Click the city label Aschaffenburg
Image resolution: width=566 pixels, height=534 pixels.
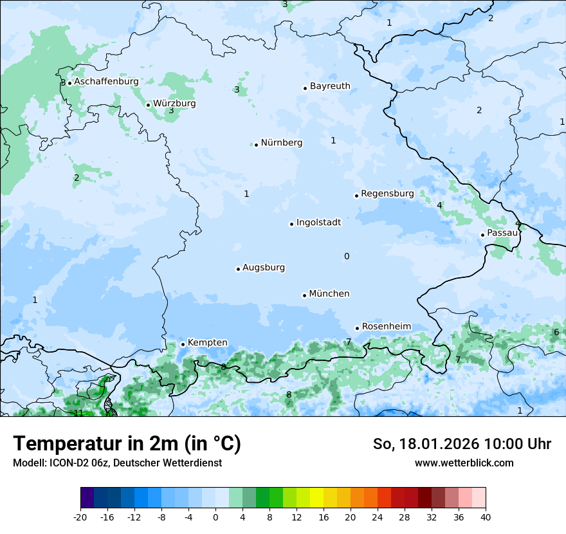point(106,82)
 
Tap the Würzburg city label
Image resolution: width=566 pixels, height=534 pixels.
point(174,104)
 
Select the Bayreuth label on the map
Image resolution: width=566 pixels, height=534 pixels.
point(330,86)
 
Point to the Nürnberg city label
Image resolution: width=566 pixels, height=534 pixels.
point(281,143)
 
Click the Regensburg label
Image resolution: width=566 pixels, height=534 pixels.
point(387,194)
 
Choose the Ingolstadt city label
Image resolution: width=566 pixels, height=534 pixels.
point(318,223)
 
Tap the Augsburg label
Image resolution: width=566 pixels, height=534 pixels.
point(264,268)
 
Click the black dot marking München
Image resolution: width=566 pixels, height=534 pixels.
point(304,295)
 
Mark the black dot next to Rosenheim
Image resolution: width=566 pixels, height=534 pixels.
point(357,328)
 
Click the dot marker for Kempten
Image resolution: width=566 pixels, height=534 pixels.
point(183,344)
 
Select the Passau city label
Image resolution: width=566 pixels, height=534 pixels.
point(502,233)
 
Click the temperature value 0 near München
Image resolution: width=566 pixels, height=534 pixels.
point(347,257)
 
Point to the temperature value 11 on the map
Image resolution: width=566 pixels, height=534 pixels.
point(78,413)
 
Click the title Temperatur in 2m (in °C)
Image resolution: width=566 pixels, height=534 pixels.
point(127,444)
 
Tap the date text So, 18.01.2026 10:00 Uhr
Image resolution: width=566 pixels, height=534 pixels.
point(462,444)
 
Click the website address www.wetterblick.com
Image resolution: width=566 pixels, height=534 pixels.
point(464,463)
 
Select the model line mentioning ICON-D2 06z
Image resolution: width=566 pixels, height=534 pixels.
point(117,463)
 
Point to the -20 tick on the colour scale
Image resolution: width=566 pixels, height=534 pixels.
point(80,517)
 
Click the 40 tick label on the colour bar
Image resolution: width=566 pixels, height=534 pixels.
point(485,517)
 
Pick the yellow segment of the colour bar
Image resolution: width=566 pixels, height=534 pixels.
point(316,498)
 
